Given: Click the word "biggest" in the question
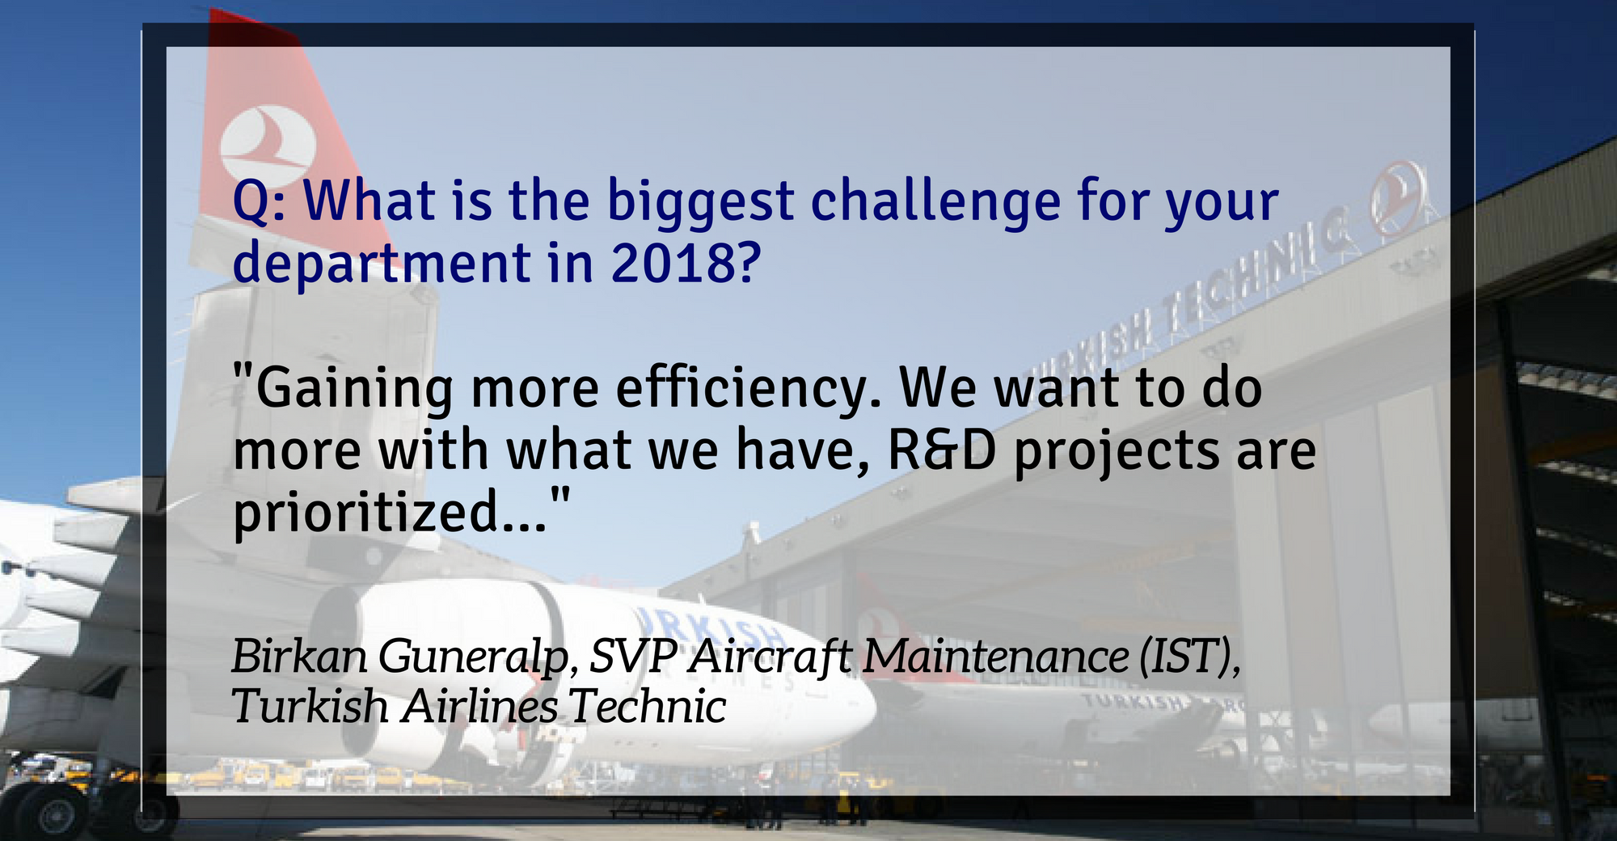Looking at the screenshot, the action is click(x=701, y=204).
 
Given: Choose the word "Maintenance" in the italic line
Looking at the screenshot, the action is click(x=995, y=655).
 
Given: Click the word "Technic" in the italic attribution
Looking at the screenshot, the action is click(x=647, y=706).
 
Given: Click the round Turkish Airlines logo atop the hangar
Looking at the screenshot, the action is click(x=1396, y=197).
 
